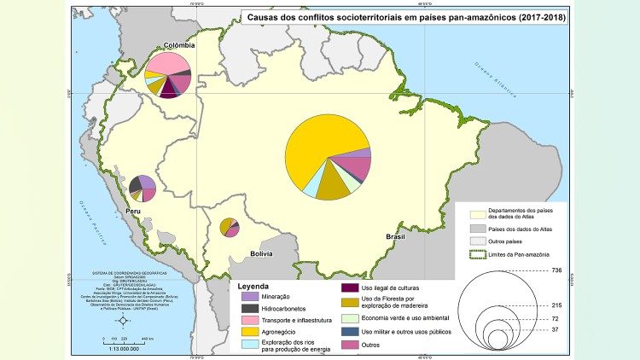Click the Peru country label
[x=134, y=209]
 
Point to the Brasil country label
[x=396, y=236]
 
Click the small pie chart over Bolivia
[x=229, y=227]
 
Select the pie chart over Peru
[x=143, y=188]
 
